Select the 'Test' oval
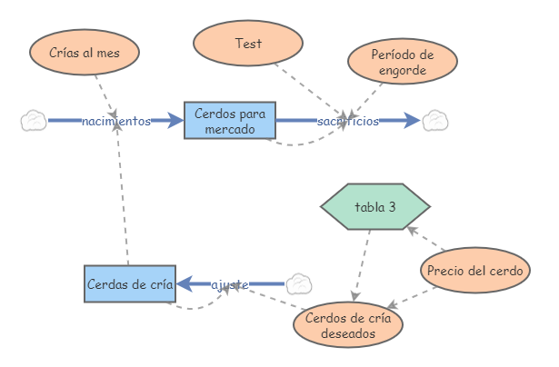coord(248,43)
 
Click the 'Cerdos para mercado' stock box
coord(229,120)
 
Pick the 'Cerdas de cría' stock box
coord(129,284)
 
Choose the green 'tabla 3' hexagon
coord(374,207)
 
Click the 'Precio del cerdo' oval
coord(474,271)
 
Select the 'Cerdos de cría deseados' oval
coord(347,324)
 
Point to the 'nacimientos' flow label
coord(115,121)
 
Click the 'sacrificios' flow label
coord(348,121)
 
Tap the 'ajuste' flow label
coord(230,285)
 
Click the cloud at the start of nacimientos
coord(34,120)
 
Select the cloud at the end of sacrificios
coord(435,120)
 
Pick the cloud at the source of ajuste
coord(298,284)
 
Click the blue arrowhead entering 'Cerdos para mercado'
coord(175,120)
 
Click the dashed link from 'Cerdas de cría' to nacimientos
coord(123,200)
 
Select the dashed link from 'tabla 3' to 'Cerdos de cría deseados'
coord(363,263)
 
